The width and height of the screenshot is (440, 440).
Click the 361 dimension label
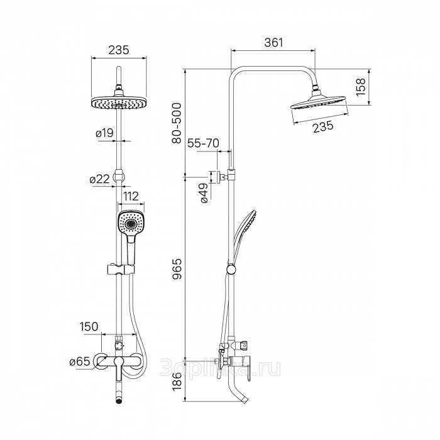click(x=273, y=42)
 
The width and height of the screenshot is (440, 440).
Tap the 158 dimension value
click(x=361, y=87)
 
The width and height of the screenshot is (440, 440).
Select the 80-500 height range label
click(x=177, y=123)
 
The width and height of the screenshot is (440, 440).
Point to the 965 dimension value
click(x=177, y=269)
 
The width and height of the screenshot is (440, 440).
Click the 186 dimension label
click(x=177, y=381)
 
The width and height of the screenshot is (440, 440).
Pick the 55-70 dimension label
click(x=203, y=143)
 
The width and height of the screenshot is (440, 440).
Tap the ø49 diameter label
click(x=204, y=193)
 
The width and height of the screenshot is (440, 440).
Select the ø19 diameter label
click(x=104, y=133)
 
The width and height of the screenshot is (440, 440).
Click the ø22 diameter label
click(x=99, y=179)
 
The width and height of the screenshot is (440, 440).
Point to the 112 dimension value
click(x=131, y=196)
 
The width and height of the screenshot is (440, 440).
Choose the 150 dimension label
click(x=89, y=326)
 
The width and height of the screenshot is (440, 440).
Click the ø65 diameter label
click(x=80, y=361)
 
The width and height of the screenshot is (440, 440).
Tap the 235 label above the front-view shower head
click(x=119, y=50)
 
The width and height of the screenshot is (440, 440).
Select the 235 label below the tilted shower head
click(x=323, y=126)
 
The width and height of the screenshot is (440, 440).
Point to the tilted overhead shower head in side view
click(x=318, y=102)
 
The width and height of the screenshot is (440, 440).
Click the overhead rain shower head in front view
click(x=119, y=103)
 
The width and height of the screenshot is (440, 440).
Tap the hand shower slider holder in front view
click(x=121, y=270)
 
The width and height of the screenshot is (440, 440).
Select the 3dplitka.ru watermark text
click(x=220, y=369)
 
